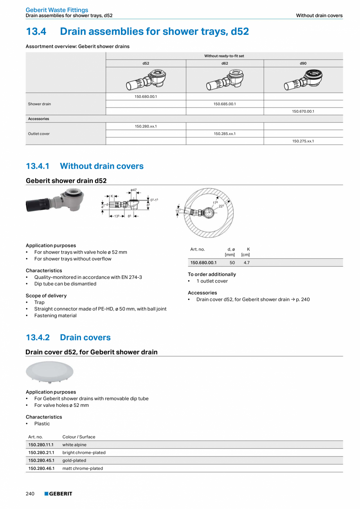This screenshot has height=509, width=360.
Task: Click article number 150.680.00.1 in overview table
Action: [x=146, y=97]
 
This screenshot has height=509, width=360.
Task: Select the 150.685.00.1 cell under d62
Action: [x=225, y=104]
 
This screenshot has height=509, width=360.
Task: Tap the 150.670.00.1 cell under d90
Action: [x=303, y=112]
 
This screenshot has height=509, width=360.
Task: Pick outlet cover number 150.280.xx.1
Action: [x=146, y=126]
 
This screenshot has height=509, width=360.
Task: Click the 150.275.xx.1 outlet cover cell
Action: [x=303, y=141]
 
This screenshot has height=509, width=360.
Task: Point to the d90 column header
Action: [x=303, y=63]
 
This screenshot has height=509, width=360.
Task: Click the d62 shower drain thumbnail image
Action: [x=225, y=80]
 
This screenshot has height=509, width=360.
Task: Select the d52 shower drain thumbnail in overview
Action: [x=146, y=80]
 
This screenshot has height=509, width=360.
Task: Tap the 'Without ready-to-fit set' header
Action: [x=224, y=56]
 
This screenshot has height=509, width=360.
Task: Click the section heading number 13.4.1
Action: [x=38, y=166]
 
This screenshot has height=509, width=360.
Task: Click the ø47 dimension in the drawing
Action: [x=134, y=190]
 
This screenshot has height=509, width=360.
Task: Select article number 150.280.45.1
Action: [x=41, y=460]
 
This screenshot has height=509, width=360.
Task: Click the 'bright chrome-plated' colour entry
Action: [x=84, y=453]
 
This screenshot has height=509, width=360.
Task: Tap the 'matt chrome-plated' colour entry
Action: [x=83, y=468]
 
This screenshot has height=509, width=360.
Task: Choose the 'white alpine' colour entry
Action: [x=74, y=445]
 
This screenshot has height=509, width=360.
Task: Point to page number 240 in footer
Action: [x=30, y=494]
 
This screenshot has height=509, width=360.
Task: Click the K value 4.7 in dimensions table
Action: [x=247, y=263]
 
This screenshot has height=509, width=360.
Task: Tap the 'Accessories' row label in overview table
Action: [x=38, y=119]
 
